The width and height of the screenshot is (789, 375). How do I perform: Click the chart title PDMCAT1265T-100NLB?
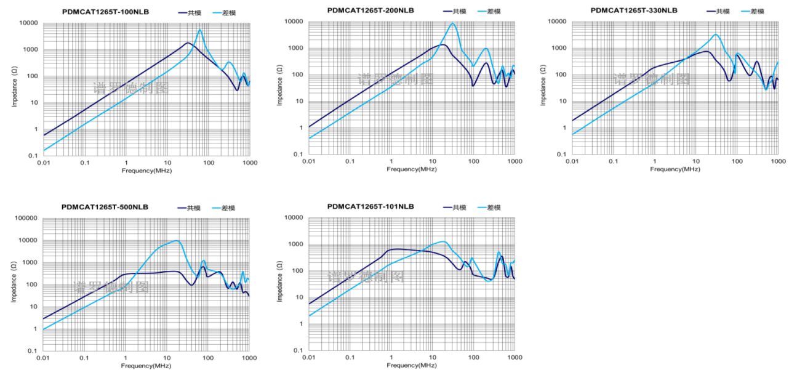tap(105, 12)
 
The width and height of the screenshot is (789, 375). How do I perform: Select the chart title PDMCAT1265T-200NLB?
tap(370, 10)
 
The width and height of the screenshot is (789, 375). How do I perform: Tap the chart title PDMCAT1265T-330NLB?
tap(634, 10)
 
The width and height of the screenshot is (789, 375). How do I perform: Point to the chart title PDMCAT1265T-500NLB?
tap(105, 207)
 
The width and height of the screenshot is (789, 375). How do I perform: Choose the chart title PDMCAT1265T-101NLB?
tap(370, 207)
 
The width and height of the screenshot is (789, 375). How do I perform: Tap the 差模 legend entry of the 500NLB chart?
tap(227, 208)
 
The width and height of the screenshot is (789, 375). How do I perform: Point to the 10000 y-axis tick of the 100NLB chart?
tap(30, 23)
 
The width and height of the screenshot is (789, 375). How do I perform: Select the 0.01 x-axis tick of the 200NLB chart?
tap(309, 161)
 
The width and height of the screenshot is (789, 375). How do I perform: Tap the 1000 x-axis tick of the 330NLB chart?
tap(778, 161)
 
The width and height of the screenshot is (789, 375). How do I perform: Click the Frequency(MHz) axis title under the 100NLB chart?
tap(146, 170)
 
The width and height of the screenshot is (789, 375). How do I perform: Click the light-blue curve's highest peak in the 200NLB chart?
tap(453, 23)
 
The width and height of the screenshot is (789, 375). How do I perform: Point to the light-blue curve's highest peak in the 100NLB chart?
tap(199, 30)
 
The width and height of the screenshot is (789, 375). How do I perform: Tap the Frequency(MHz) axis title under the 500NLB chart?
tap(146, 366)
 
